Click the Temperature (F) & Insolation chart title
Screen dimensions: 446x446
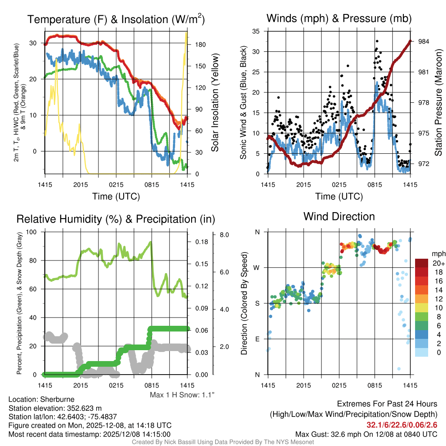point(116,20)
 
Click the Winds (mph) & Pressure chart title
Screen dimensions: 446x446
point(339,18)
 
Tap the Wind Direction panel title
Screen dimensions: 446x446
point(339,216)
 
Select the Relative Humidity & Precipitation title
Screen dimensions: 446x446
point(116,219)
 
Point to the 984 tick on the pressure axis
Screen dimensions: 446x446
point(424,41)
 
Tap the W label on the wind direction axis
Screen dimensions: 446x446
point(257,267)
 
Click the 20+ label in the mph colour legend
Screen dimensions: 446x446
point(438,263)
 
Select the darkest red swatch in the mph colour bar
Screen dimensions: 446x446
point(422,263)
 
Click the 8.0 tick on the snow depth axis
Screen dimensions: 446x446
point(225,235)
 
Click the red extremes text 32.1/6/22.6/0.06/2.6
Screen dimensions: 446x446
point(402,425)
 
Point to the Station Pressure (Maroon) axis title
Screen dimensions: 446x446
point(439,102)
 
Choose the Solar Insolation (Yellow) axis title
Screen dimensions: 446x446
point(215,102)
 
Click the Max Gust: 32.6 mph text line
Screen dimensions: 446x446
point(366,434)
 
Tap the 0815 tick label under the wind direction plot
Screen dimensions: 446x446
point(375,385)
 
